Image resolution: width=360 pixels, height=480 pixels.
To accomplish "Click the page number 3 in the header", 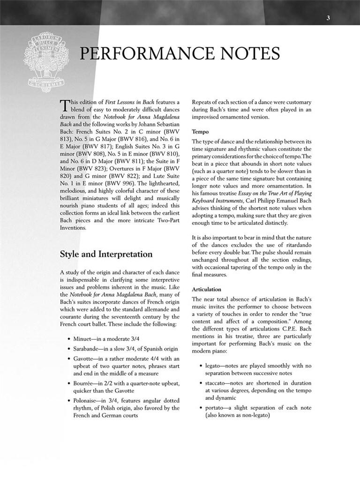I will coord(329,18).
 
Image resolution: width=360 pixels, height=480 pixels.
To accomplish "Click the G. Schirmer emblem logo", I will coord(46,61).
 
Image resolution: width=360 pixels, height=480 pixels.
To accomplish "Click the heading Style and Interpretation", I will coord(106,254).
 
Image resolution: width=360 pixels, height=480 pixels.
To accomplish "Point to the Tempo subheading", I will coord(200,132).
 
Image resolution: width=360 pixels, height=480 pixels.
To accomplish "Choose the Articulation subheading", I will coord(206,289).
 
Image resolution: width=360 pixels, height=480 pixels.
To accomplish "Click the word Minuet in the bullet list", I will coord(83,338).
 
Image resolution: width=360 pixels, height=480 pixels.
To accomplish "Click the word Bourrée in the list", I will coord(84,383).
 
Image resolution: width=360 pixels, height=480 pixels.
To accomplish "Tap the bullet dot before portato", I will coord(200,408).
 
